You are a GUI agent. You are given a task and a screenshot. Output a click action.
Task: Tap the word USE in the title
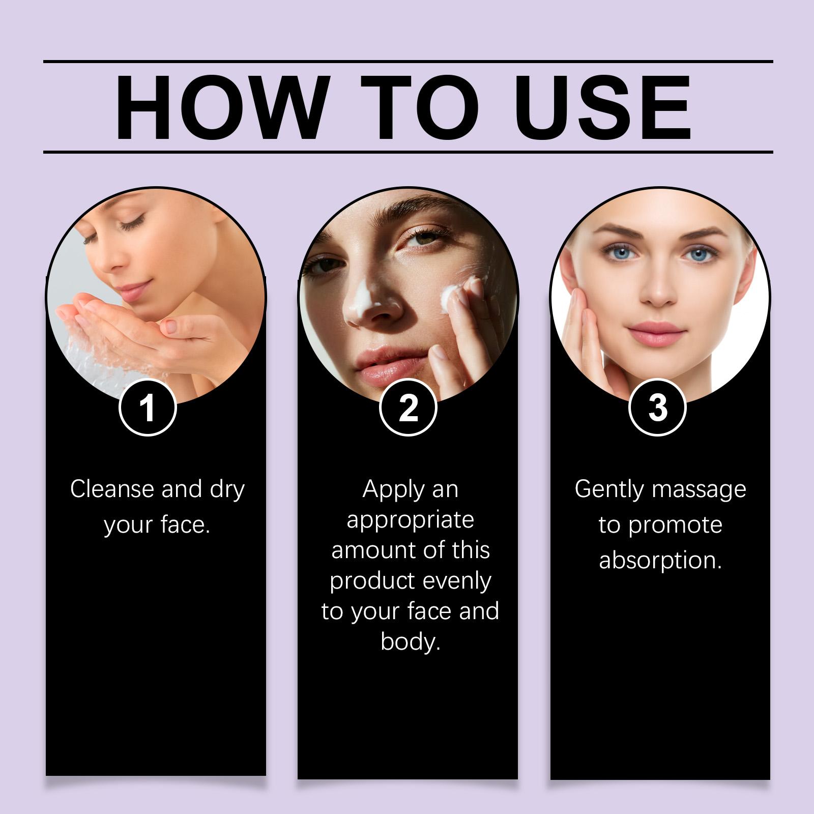pos(606,108)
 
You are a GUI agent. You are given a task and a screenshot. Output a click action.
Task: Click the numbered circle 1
pos(148,408)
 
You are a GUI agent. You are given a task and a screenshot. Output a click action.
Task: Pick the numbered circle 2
pos(408,408)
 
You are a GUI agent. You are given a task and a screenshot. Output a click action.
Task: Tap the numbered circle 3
pos(658,408)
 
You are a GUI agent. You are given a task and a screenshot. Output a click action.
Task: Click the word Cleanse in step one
pos(112,489)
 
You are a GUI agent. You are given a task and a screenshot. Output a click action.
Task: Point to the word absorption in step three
pos(660,561)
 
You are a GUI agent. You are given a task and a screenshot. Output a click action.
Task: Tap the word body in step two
pos(410,642)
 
